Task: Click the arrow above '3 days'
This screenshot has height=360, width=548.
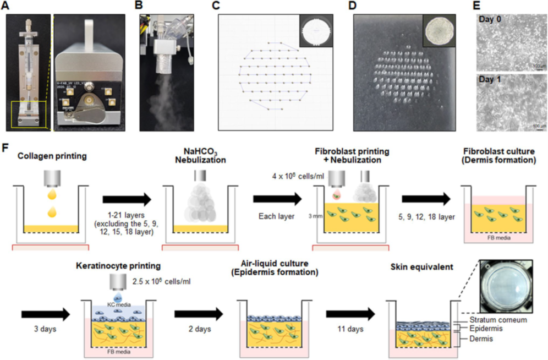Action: coord(45,314)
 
